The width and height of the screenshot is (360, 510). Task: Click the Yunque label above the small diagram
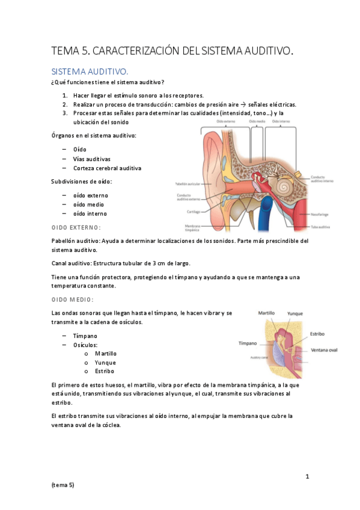[x=295, y=313]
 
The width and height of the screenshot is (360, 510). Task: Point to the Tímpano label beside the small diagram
[x=248, y=343]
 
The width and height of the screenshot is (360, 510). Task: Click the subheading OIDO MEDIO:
[x=73, y=300]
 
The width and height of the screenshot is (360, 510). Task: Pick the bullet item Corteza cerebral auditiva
[x=107, y=168]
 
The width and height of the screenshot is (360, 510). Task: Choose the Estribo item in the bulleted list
[x=105, y=371]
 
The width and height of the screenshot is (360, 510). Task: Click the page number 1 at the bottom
[x=307, y=477]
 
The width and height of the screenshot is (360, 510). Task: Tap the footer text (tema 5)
[x=63, y=485]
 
